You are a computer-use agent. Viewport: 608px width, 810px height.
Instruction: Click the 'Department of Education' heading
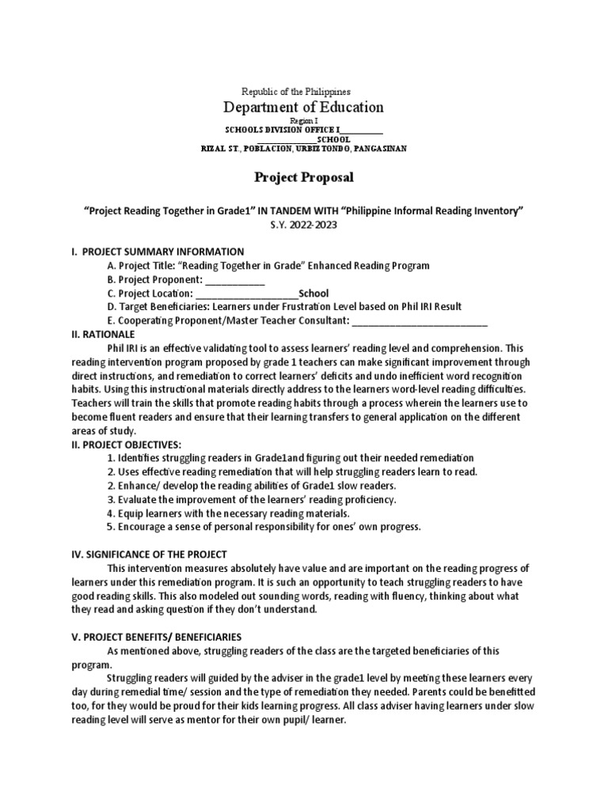point(304,108)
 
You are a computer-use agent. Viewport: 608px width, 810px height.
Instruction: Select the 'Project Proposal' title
point(304,177)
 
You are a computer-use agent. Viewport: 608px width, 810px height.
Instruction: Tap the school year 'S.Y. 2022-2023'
point(304,225)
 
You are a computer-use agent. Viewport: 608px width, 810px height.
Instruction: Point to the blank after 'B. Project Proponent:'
point(235,279)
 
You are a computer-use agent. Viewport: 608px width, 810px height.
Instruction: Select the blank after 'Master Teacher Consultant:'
point(419,320)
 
